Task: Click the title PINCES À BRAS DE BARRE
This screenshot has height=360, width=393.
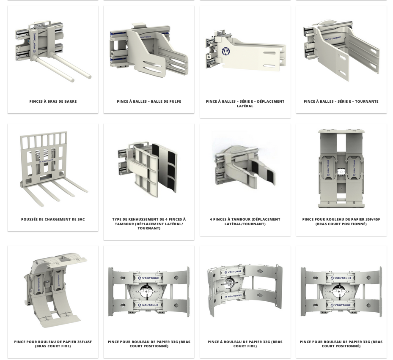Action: click(x=53, y=101)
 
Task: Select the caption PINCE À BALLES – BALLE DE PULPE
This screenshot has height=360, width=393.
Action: click(x=149, y=101)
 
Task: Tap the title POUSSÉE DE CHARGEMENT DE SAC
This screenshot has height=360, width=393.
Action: click(x=53, y=219)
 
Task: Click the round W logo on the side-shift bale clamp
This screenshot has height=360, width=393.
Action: click(x=226, y=52)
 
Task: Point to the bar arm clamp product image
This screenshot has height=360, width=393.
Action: click(x=53, y=52)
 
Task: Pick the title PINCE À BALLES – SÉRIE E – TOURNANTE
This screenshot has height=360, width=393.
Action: click(x=341, y=101)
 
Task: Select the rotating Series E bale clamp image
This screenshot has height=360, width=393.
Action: click(x=341, y=50)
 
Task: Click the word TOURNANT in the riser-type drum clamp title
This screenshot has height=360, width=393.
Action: click(x=149, y=228)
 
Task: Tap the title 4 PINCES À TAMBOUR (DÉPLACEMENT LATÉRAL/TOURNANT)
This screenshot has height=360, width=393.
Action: click(x=245, y=221)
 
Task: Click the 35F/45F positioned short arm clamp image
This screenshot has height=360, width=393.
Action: click(x=341, y=169)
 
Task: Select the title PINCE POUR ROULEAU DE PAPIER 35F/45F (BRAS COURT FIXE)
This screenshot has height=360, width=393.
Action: click(x=53, y=344)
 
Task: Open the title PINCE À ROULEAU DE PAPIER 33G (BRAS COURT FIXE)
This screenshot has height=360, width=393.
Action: click(x=245, y=344)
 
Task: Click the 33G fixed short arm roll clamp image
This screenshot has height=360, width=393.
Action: click(x=245, y=290)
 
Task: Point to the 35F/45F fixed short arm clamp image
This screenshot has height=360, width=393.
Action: click(x=55, y=290)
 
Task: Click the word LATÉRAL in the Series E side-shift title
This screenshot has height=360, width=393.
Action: click(x=245, y=106)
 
